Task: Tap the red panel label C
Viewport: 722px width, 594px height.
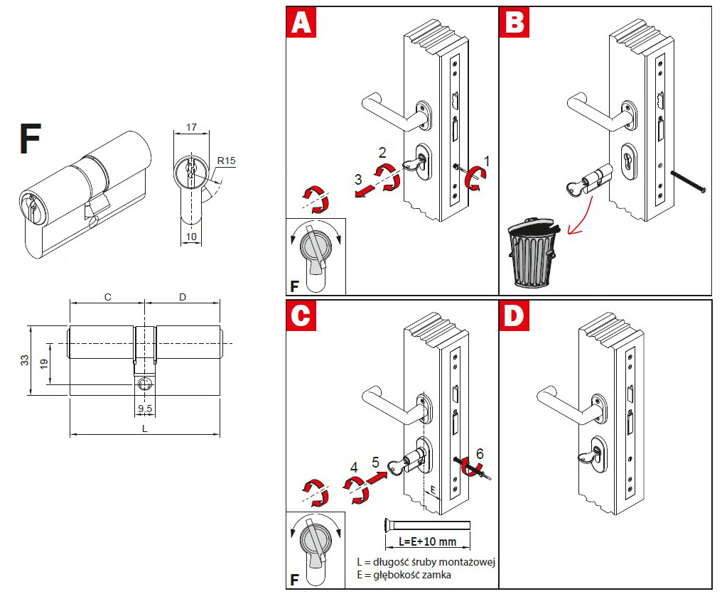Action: click(301, 316)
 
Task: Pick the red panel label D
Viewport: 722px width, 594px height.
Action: click(514, 316)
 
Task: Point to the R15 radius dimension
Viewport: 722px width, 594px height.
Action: click(227, 161)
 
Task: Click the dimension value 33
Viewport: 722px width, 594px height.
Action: click(23, 361)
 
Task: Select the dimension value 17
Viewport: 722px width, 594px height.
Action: click(192, 128)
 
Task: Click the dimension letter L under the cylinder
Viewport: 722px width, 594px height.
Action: click(146, 428)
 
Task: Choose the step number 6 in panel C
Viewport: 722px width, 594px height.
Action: click(480, 453)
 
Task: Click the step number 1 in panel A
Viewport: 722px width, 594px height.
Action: click(487, 160)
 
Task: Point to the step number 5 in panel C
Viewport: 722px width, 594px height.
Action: click(376, 463)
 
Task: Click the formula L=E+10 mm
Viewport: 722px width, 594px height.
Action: click(427, 541)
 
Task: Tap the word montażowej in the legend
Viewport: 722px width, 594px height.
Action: click(466, 562)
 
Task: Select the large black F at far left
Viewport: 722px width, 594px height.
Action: click(31, 139)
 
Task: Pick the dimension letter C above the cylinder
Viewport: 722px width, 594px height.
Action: click(107, 297)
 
